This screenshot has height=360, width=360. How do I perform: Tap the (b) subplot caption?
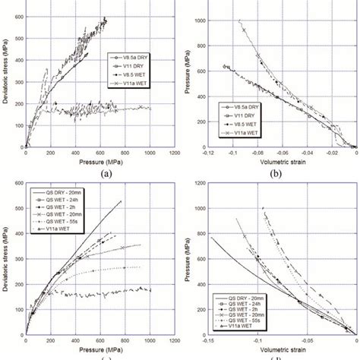coord(280,172)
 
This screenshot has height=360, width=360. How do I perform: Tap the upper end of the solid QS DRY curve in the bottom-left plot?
coord(121,201)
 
